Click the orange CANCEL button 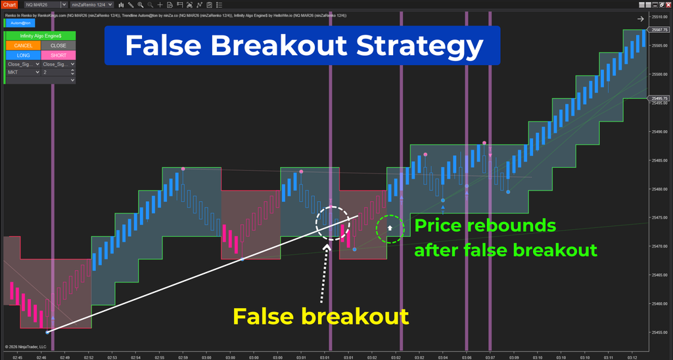coord(22,45)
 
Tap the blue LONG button coord(22,55)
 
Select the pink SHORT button coord(58,55)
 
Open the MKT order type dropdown coord(22,72)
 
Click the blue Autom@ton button coord(18,22)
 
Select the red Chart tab coord(10,5)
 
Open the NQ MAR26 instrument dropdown coord(43,5)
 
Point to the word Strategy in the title coord(423,47)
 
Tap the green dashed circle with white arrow coord(390,229)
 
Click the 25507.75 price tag coord(659,30)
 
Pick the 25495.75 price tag coord(659,99)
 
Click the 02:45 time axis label coord(18,357)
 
